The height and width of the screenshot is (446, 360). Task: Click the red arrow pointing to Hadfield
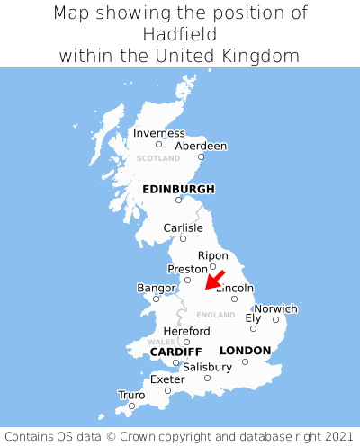[x=214, y=280]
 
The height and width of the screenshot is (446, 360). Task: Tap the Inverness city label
[x=158, y=133]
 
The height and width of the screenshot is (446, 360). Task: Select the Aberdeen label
[x=201, y=146]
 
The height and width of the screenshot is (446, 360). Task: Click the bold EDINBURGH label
[x=178, y=189]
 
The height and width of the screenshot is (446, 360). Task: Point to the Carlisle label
[x=183, y=227]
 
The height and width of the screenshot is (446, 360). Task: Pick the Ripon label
[x=212, y=255]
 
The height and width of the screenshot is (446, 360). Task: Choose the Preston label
[x=187, y=269]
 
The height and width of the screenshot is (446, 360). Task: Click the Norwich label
[x=275, y=308]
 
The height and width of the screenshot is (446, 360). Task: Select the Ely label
[x=253, y=317]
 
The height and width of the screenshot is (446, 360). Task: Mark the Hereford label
[x=186, y=331]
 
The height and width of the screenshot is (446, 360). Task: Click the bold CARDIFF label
[x=175, y=351]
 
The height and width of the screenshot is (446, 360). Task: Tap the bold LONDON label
[x=245, y=350]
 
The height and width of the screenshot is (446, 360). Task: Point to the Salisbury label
[x=207, y=367]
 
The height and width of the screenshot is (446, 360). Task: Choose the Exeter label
[x=167, y=379]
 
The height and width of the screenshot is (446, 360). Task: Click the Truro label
[x=131, y=395]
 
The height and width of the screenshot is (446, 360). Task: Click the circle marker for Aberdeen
[x=202, y=157]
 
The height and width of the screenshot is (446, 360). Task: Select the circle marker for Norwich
[x=275, y=319]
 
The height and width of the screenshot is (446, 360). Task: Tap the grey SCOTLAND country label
[x=158, y=158]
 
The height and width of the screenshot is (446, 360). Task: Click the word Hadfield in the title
[x=180, y=34]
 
